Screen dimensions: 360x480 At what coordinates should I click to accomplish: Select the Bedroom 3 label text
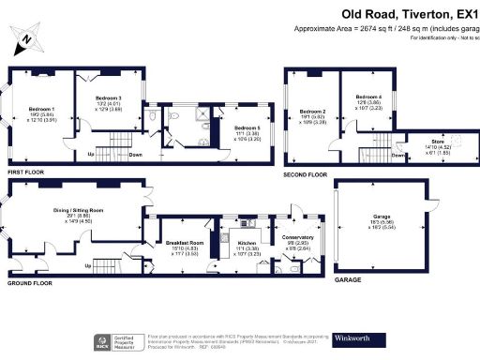point(109,97)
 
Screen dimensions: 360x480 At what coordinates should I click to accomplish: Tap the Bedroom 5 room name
point(247,127)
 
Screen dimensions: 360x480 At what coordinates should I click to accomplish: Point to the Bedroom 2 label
point(312,112)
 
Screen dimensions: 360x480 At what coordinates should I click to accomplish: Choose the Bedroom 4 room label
point(368,97)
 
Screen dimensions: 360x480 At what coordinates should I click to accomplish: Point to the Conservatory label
point(297,238)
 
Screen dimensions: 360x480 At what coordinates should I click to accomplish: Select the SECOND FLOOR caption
point(306,173)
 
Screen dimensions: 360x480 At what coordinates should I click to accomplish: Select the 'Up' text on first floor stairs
point(91,155)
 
